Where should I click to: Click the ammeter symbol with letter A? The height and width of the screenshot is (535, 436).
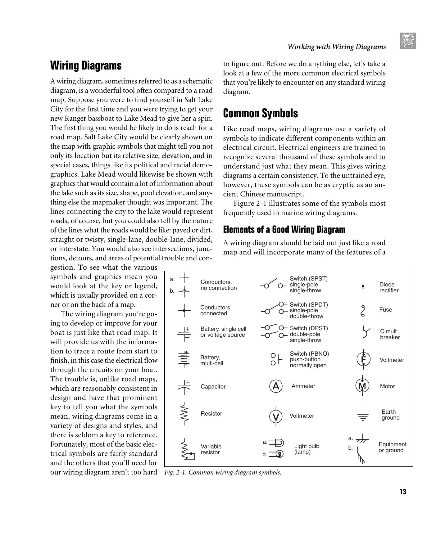pyautogui.click(x=276, y=386)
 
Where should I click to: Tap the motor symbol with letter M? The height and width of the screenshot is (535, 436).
pyautogui.click(x=362, y=386)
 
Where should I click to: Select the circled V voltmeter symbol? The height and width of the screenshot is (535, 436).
pyautogui.click(x=276, y=416)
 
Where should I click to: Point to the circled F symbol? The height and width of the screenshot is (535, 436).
pyautogui.click(x=363, y=360)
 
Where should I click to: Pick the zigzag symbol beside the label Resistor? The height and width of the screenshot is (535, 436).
pyautogui.click(x=184, y=414)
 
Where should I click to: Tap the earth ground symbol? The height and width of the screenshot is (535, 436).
pyautogui.click(x=363, y=415)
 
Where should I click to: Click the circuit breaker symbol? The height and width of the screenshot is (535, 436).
pyautogui.click(x=365, y=334)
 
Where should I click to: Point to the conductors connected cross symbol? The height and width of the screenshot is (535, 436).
pyautogui.click(x=184, y=310)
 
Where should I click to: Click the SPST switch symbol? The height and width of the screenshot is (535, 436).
pyautogui.click(x=273, y=285)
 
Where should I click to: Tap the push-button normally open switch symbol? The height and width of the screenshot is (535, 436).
pyautogui.click(x=276, y=359)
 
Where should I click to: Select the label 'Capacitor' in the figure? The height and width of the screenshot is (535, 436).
pyautogui.click(x=213, y=387)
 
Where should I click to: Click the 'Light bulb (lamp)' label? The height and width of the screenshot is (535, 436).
pyautogui.click(x=307, y=449)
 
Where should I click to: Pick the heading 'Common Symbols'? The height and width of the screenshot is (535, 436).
pyautogui.click(x=260, y=113)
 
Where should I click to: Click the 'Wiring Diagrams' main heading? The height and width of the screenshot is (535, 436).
pyautogui.click(x=86, y=65)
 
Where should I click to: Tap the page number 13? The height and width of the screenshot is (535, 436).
pyautogui.click(x=403, y=492)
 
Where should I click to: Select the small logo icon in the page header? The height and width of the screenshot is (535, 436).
pyautogui.click(x=408, y=41)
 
